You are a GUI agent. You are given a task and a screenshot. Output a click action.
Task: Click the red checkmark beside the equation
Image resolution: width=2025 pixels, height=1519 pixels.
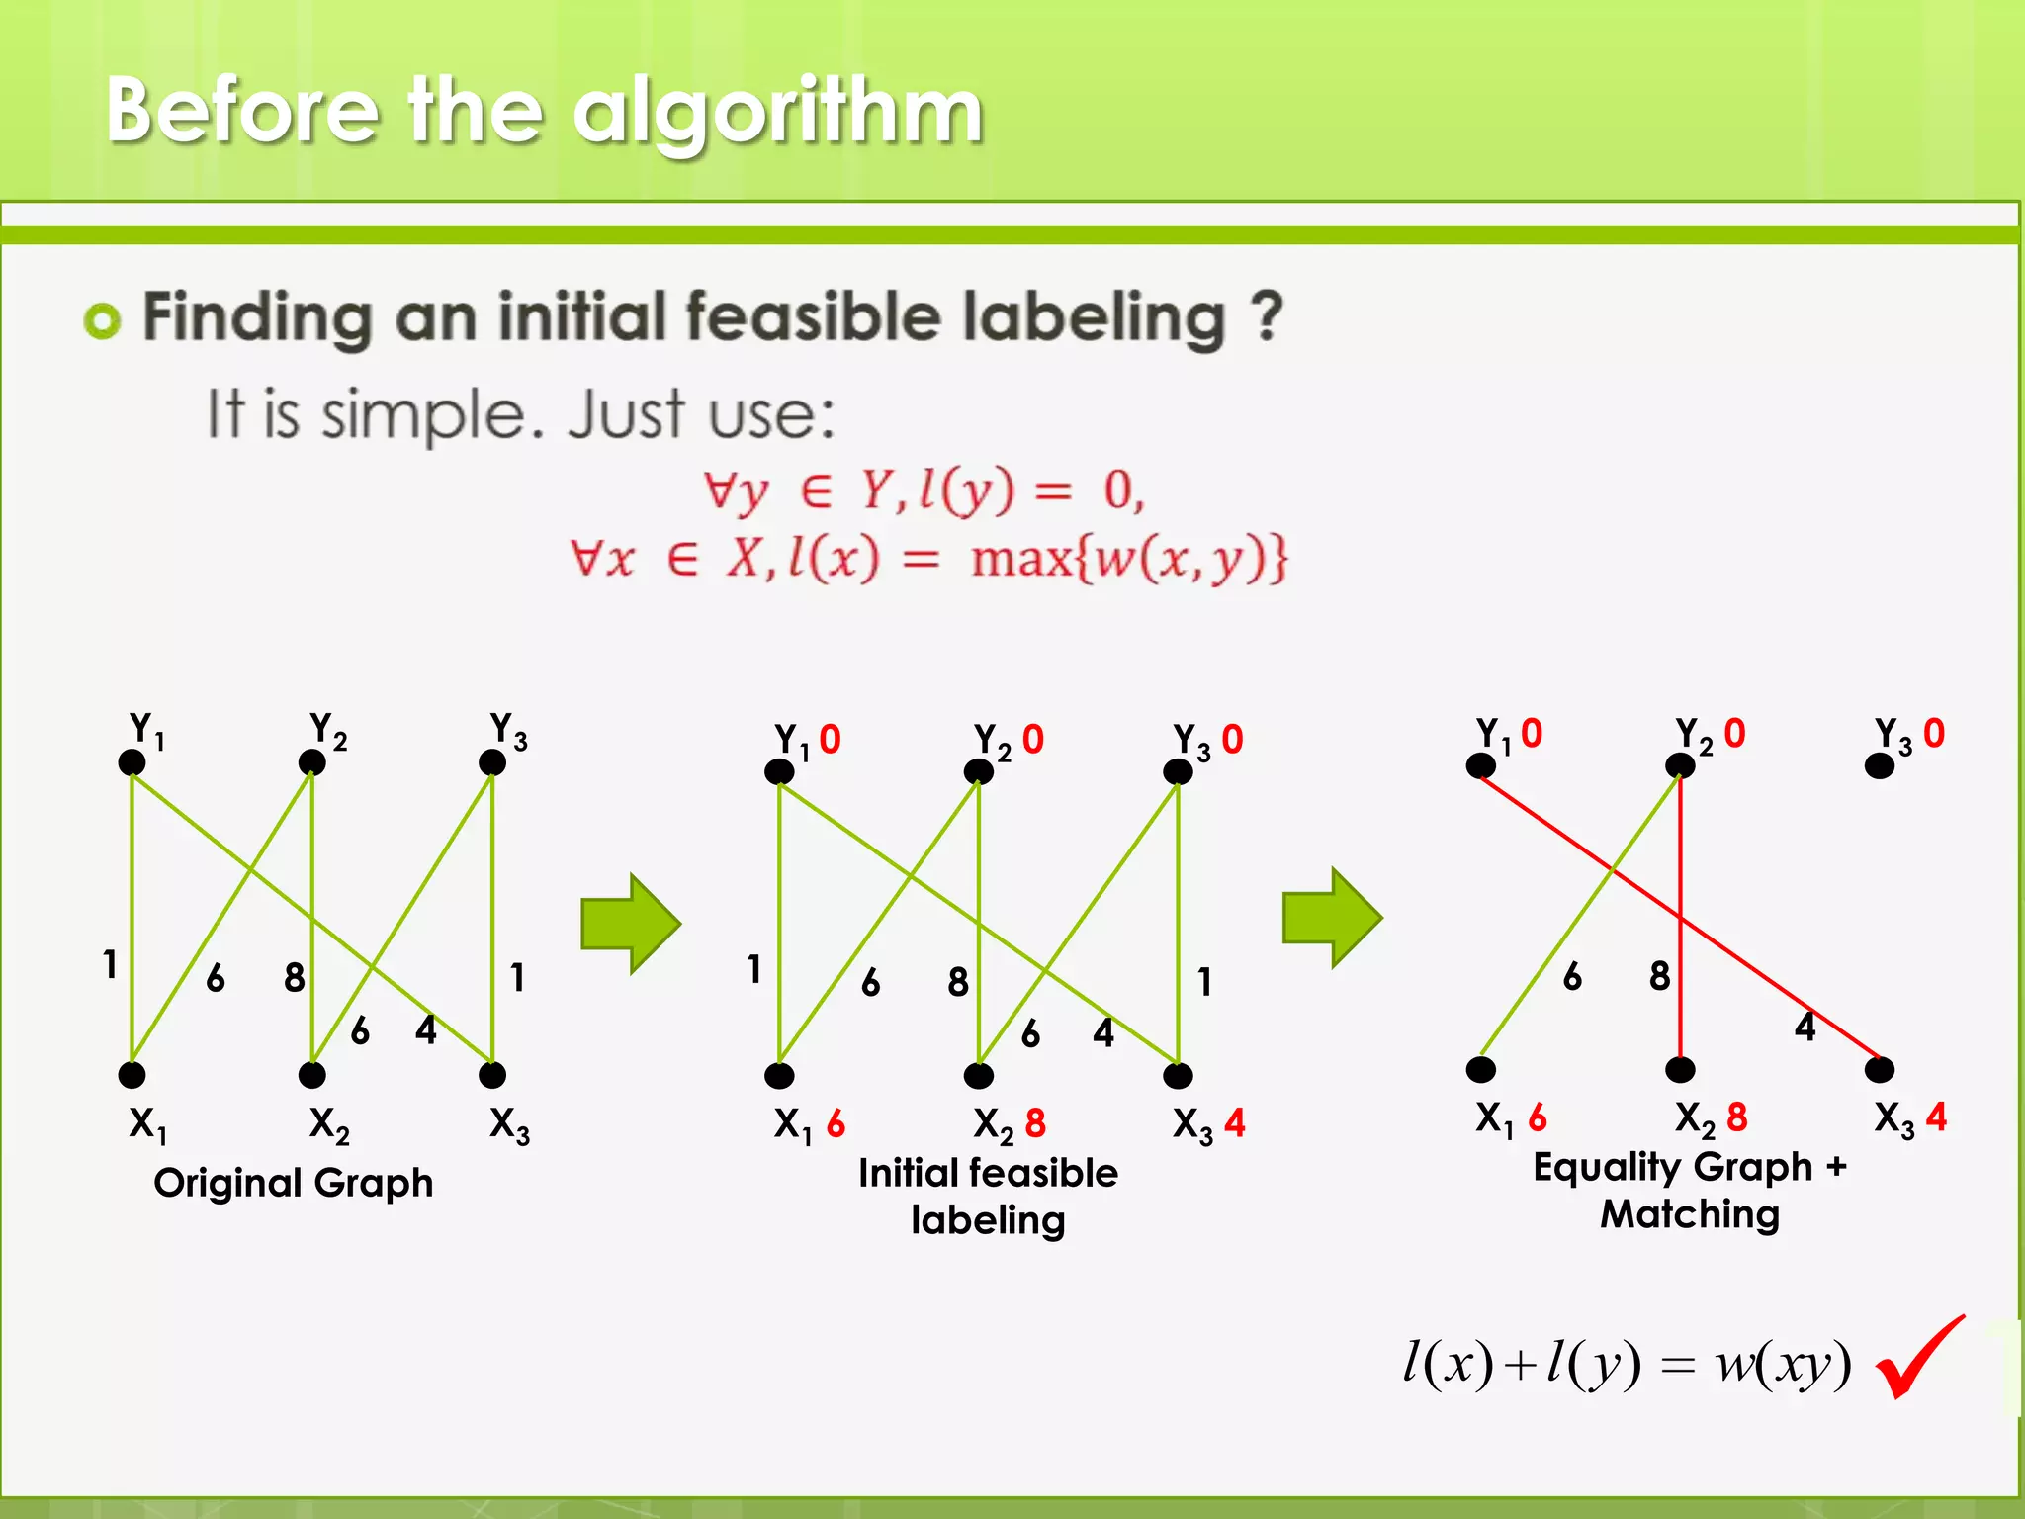[1918, 1360]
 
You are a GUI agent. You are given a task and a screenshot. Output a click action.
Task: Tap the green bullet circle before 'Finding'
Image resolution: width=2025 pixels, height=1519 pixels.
[102, 320]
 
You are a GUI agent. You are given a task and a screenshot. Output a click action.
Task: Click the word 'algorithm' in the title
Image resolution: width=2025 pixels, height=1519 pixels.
[778, 111]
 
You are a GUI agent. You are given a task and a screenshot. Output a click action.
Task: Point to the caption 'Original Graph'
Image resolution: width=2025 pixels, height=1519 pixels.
[294, 1183]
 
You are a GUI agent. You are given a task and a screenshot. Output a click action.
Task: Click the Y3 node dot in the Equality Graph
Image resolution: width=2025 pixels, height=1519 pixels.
[1879, 766]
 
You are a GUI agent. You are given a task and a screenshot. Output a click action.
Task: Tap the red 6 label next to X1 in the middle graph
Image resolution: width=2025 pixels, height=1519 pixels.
[836, 1123]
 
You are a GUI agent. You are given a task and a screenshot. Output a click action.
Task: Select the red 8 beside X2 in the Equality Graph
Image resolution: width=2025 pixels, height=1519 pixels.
[1737, 1117]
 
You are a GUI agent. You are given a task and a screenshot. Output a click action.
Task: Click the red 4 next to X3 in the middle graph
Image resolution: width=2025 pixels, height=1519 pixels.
[1235, 1123]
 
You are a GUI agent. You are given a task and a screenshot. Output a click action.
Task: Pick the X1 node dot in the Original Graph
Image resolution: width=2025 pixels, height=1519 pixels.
[132, 1075]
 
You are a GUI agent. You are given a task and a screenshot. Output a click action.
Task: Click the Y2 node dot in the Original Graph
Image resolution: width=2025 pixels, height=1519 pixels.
[311, 762]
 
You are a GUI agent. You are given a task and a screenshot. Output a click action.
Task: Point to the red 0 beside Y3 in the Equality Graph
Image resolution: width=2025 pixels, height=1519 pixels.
[1934, 734]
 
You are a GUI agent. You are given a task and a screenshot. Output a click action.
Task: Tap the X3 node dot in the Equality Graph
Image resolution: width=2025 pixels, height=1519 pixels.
[1879, 1069]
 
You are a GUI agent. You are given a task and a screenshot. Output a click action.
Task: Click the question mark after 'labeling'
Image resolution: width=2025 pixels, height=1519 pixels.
[1267, 316]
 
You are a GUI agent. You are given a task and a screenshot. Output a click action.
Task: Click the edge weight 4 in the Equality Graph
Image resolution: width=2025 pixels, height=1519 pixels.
[1805, 1027]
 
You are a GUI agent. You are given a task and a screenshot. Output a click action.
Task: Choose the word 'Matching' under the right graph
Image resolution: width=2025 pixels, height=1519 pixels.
[1690, 1214]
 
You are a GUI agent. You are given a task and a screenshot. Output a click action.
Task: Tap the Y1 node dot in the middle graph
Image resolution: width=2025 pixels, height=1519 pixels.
[779, 772]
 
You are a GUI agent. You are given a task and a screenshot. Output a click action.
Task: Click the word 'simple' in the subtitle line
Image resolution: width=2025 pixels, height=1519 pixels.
[433, 415]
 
